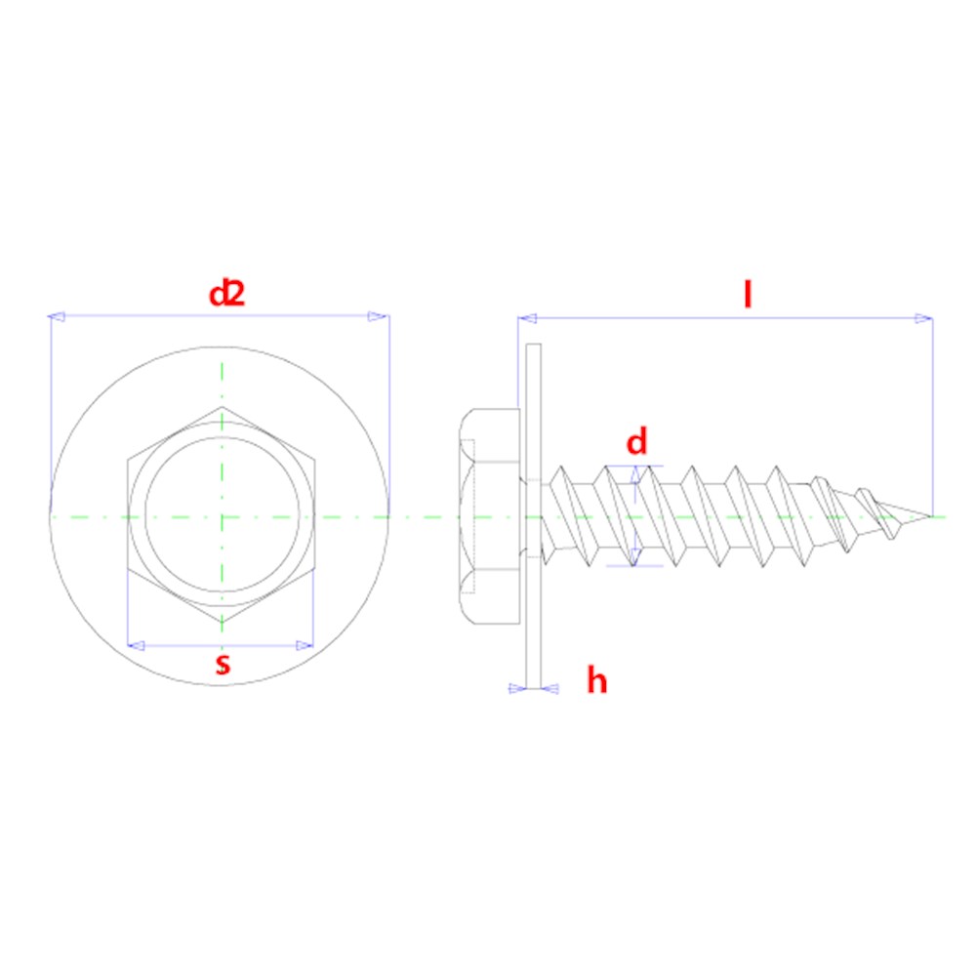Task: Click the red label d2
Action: (226, 293)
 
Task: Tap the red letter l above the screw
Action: (748, 294)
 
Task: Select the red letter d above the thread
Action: (636, 443)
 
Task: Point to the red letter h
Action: (596, 680)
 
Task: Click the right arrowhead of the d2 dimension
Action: (380, 316)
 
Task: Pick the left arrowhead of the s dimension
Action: (137, 645)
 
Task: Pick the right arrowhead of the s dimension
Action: (305, 645)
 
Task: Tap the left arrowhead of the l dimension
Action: (527, 318)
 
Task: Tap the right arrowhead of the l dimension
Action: (923, 318)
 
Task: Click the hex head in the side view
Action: (488, 515)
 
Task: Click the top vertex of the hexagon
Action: (223, 407)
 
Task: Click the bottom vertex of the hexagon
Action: (223, 625)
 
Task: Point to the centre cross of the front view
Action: (223, 515)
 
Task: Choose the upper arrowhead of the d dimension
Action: (637, 473)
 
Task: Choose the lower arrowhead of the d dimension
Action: (637, 558)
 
